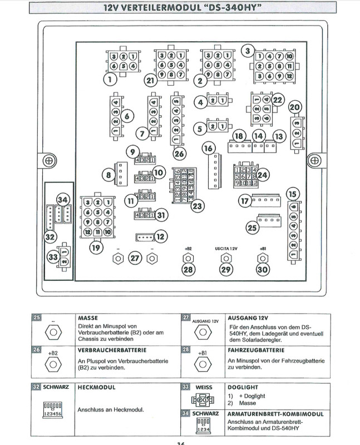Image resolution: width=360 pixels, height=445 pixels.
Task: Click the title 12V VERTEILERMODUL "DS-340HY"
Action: (180, 8)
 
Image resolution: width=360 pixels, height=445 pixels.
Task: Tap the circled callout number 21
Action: (150, 80)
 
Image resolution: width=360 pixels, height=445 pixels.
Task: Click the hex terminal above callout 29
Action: (225, 258)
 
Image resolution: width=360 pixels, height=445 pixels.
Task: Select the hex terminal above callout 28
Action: (188, 258)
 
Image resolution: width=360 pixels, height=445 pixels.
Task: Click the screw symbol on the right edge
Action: (314, 160)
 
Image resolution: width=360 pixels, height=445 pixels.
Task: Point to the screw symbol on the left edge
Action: (49, 160)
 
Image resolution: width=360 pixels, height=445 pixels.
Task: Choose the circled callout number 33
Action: (53, 258)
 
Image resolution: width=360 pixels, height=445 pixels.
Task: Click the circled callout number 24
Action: (262, 175)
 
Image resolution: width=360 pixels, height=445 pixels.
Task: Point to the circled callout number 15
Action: (292, 194)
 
